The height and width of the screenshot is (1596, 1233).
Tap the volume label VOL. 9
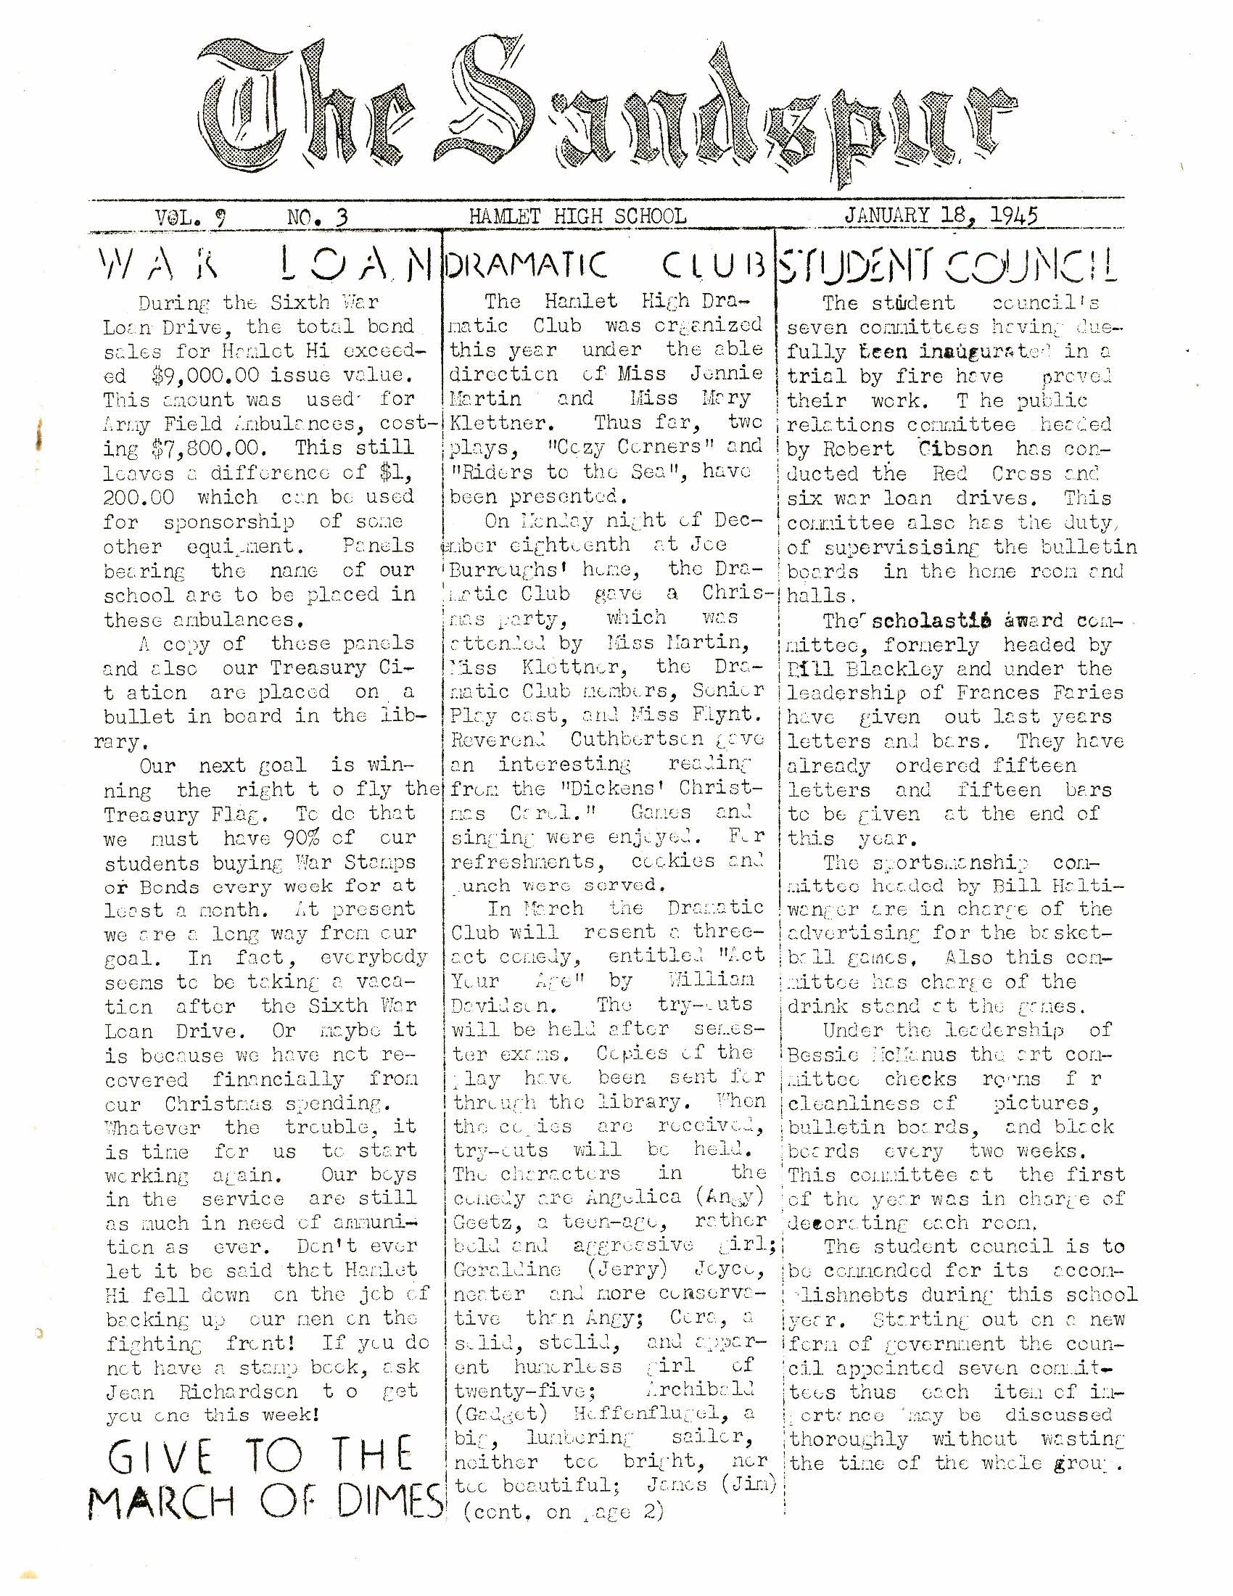[190, 216]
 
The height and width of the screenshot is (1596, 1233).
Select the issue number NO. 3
[316, 216]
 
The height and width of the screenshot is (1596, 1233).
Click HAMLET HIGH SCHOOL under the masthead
[577, 216]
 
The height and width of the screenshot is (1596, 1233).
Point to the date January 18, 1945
[941, 215]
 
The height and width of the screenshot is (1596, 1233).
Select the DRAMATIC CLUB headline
[605, 267]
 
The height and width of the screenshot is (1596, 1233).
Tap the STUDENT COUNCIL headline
[947, 267]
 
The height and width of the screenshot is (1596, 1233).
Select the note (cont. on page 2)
[564, 1511]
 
